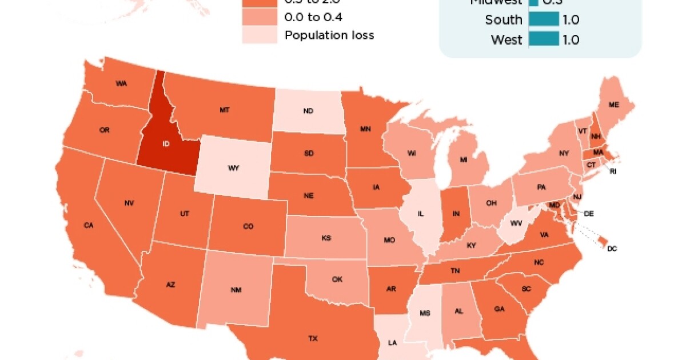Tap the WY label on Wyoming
[x=233, y=168]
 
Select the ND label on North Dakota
[x=308, y=111]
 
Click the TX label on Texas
[x=313, y=338]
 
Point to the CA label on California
[x=88, y=225]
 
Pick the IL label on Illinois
[x=421, y=214]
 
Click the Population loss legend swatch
[x=260, y=35]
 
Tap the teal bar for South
[x=544, y=19]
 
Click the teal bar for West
[x=544, y=39]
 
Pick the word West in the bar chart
[x=506, y=39]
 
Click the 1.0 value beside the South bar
[x=571, y=19]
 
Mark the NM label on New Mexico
[x=236, y=290]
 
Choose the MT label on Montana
[x=224, y=110]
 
